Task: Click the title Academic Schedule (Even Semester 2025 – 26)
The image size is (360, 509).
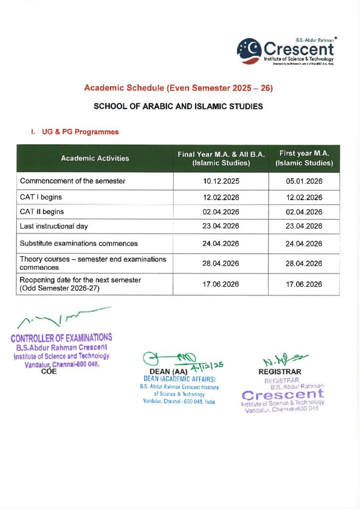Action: pos(179,88)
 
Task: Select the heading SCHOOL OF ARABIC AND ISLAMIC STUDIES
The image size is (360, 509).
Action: pos(179,107)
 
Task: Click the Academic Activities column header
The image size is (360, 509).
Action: pos(95,158)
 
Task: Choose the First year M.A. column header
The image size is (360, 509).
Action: pos(304,158)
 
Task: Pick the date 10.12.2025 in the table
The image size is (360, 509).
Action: pos(221,181)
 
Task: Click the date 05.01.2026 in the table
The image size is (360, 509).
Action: pos(304,181)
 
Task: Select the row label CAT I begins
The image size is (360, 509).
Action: pos(41,197)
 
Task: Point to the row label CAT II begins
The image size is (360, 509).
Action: pos(42,212)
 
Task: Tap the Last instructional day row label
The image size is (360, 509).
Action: pos(54,226)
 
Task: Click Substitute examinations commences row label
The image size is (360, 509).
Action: pos(79,244)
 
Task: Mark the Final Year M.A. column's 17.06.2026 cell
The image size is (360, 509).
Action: pos(221,284)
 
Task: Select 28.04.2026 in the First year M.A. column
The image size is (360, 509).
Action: pos(304,263)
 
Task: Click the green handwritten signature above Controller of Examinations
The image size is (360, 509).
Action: pos(62,318)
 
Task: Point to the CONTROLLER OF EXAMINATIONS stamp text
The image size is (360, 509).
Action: pos(61,338)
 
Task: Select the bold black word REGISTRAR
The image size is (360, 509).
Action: pos(280,371)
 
